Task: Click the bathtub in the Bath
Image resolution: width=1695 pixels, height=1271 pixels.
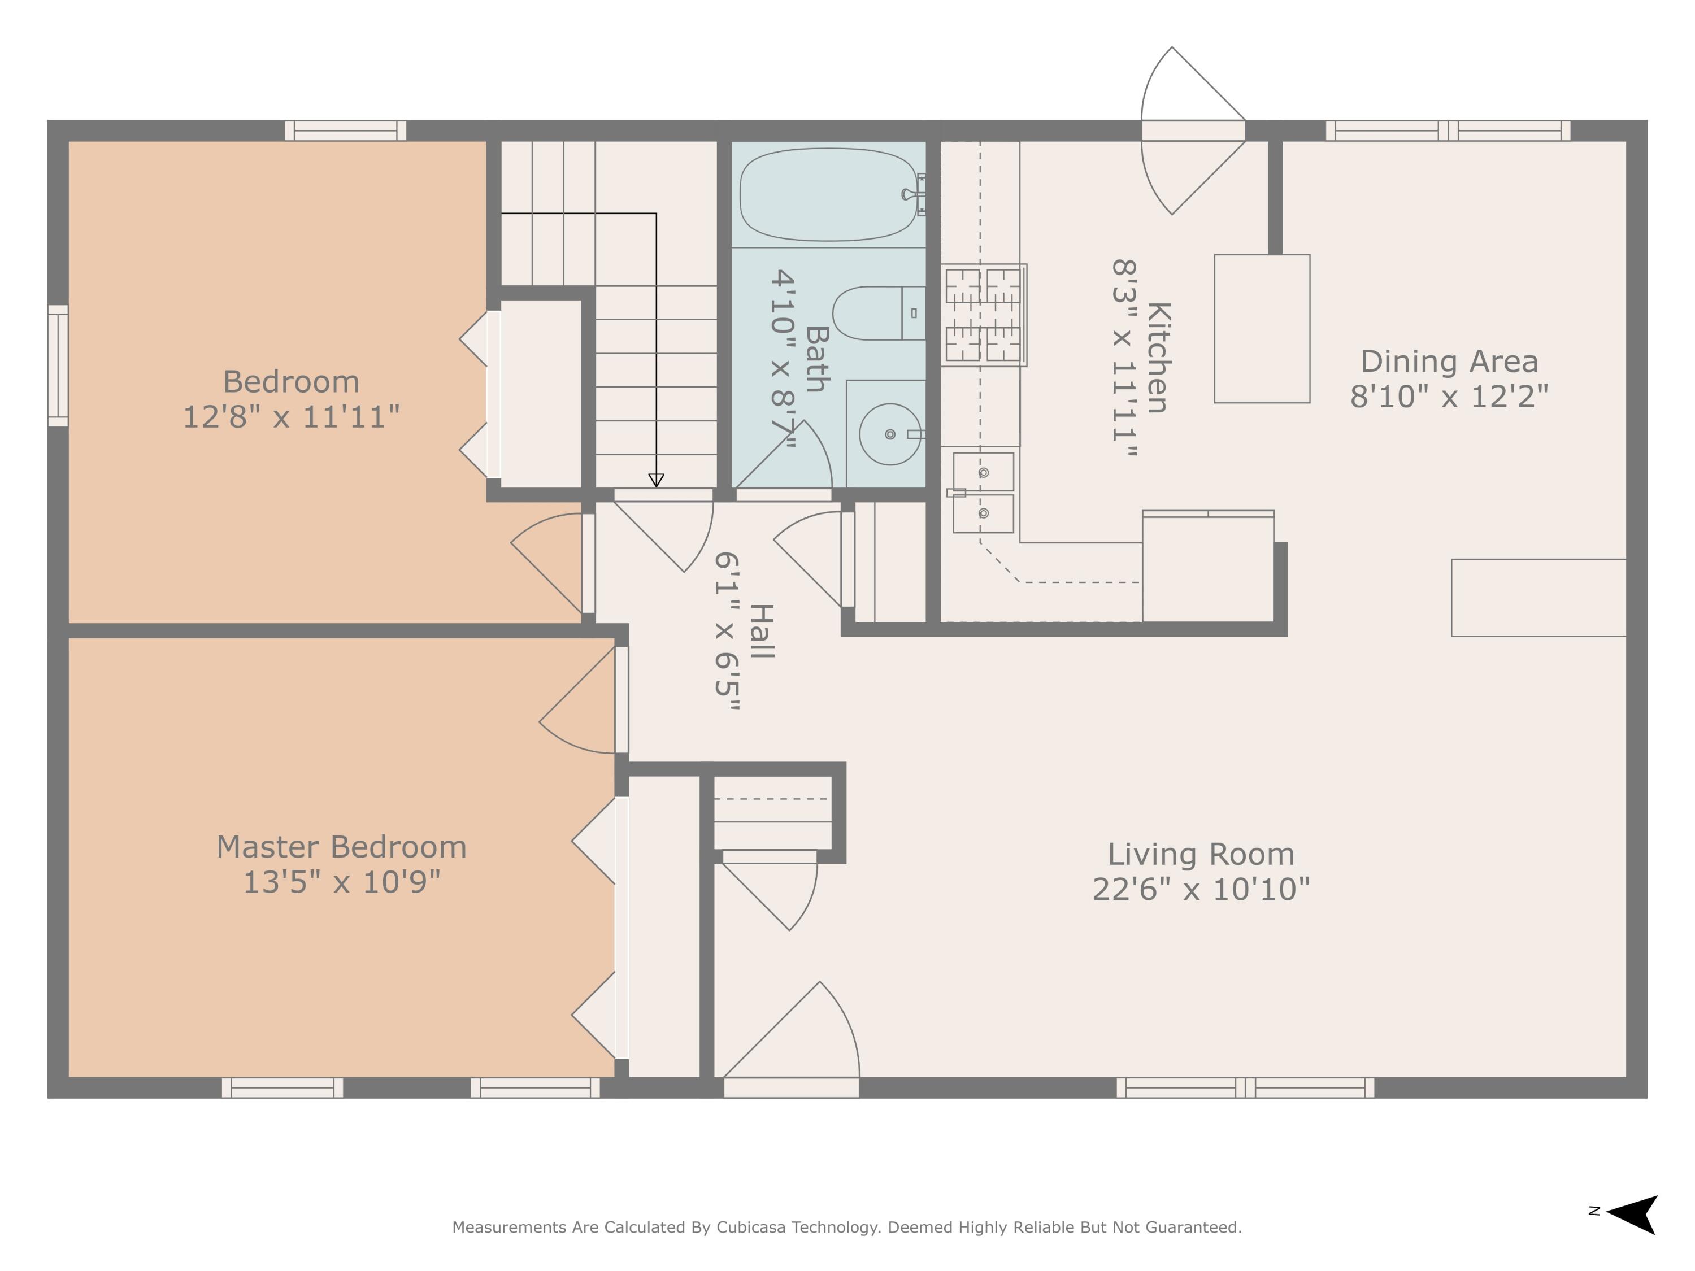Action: (828, 194)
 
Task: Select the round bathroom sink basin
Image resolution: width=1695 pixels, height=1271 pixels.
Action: (890, 434)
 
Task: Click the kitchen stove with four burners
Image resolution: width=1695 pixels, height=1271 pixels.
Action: (983, 315)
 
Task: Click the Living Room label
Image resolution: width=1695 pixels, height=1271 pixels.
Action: (1200, 854)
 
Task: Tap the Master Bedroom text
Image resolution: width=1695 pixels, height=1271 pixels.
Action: (341, 847)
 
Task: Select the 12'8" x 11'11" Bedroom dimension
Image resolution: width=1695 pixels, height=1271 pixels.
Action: (291, 417)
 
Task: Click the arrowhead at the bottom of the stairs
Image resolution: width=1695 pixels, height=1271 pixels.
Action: (656, 480)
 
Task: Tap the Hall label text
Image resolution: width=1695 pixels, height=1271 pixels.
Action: (761, 630)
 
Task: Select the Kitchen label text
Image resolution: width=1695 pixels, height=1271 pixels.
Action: (1157, 358)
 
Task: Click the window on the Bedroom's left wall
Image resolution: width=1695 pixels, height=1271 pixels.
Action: (58, 365)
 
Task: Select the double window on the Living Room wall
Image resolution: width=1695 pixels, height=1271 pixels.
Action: (1245, 1087)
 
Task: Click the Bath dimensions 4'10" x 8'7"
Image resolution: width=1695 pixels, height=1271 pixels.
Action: (783, 359)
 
